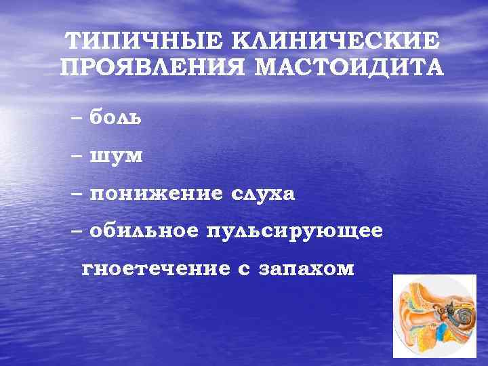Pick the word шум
click(116, 156)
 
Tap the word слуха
click(264, 194)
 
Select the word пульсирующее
click(298, 231)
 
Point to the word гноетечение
click(156, 269)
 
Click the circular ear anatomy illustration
click(434, 315)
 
